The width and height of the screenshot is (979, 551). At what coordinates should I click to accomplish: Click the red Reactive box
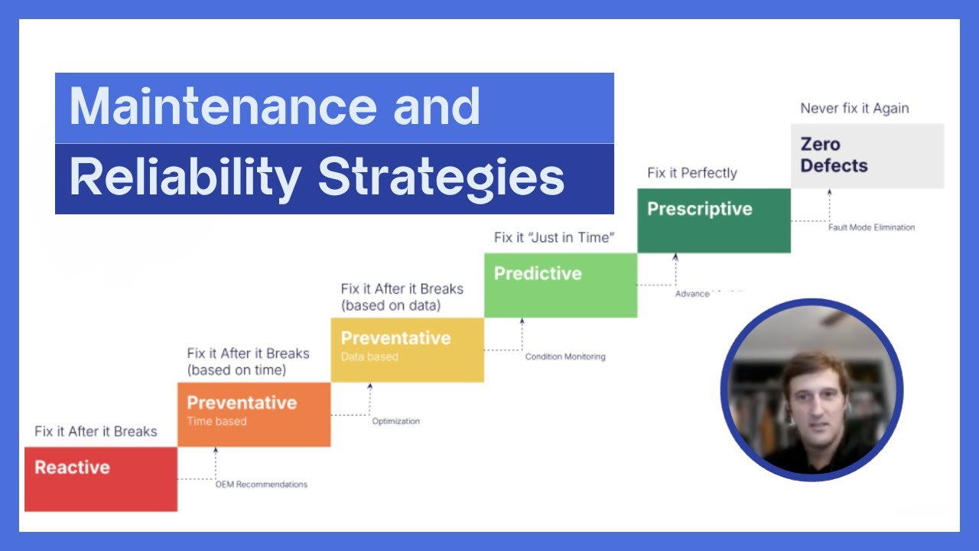[100, 479]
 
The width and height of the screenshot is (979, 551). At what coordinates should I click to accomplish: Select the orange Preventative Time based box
[254, 414]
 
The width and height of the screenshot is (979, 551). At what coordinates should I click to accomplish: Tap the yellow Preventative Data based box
[407, 350]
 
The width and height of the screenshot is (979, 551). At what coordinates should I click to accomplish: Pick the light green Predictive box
[560, 285]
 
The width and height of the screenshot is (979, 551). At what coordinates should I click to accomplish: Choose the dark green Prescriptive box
[714, 220]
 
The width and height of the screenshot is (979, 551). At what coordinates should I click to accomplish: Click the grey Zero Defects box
[867, 155]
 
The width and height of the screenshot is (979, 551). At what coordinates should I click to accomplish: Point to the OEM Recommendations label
[261, 484]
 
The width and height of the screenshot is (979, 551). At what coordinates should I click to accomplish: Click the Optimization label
[395, 421]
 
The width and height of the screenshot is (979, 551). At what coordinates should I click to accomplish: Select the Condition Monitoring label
[564, 357]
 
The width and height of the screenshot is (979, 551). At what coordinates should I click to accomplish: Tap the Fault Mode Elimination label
[871, 227]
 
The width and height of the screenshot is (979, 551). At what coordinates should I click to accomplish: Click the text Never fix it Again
[854, 109]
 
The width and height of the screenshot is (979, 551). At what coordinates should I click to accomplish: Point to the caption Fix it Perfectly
[691, 173]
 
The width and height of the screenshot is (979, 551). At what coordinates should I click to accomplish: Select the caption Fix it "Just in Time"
[554, 238]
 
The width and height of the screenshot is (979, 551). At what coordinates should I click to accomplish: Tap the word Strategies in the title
[441, 178]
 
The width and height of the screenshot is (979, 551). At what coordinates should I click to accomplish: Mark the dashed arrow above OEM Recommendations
[216, 462]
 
